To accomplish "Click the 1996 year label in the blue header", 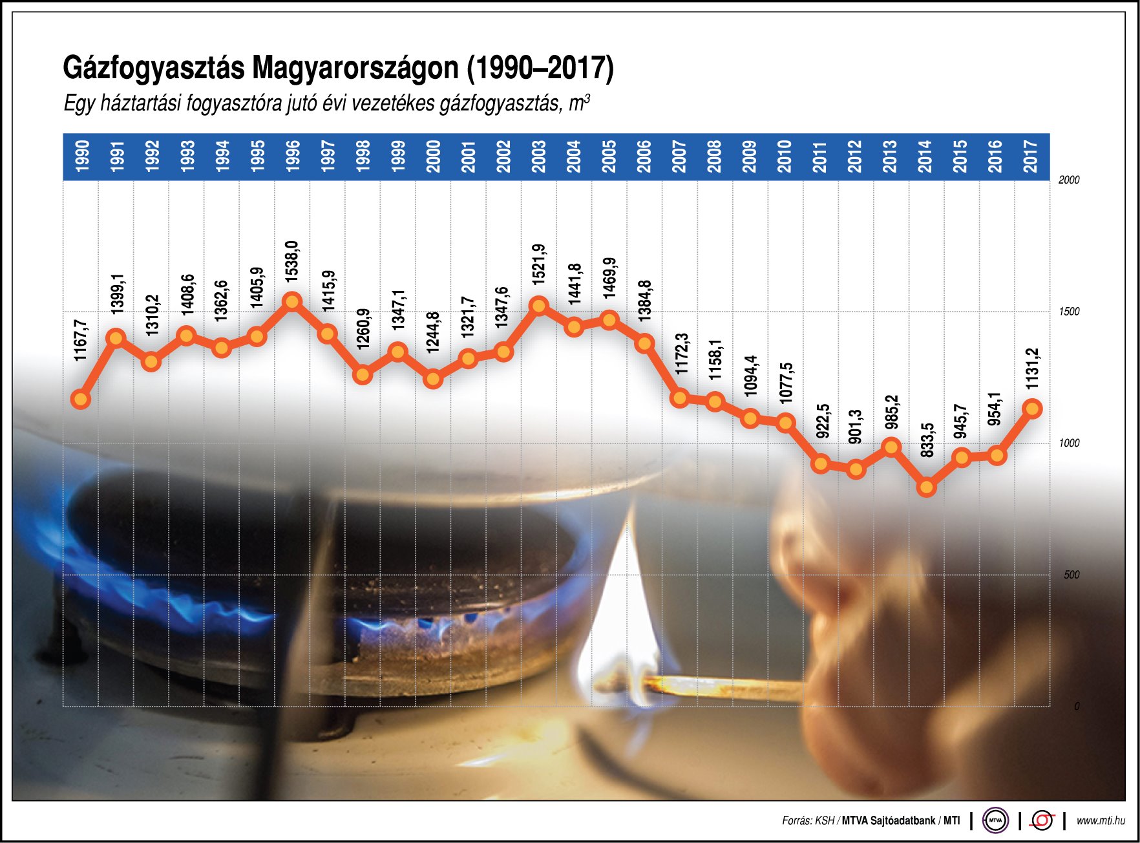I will tap(292, 156).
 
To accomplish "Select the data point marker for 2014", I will tap(926, 487).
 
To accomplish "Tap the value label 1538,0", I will tap(292, 261).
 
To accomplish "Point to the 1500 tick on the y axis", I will tap(1069, 312).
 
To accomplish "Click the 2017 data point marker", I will tap(1032, 409).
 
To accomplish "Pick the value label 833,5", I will tap(927, 441).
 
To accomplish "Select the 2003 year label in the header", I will tap(538, 156).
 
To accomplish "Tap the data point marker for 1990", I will tap(81, 399).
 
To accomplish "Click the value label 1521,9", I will tap(538, 264).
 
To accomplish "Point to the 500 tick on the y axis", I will tap(1071, 575).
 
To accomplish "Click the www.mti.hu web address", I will tap(1100, 820).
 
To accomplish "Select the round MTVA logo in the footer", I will tap(995, 820).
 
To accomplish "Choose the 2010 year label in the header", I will tap(785, 156).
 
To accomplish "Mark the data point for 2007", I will tap(679, 398).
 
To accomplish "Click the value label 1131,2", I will tap(1032, 368).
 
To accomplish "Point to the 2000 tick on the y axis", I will tap(1069, 180).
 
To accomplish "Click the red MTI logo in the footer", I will tap(1042, 820).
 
